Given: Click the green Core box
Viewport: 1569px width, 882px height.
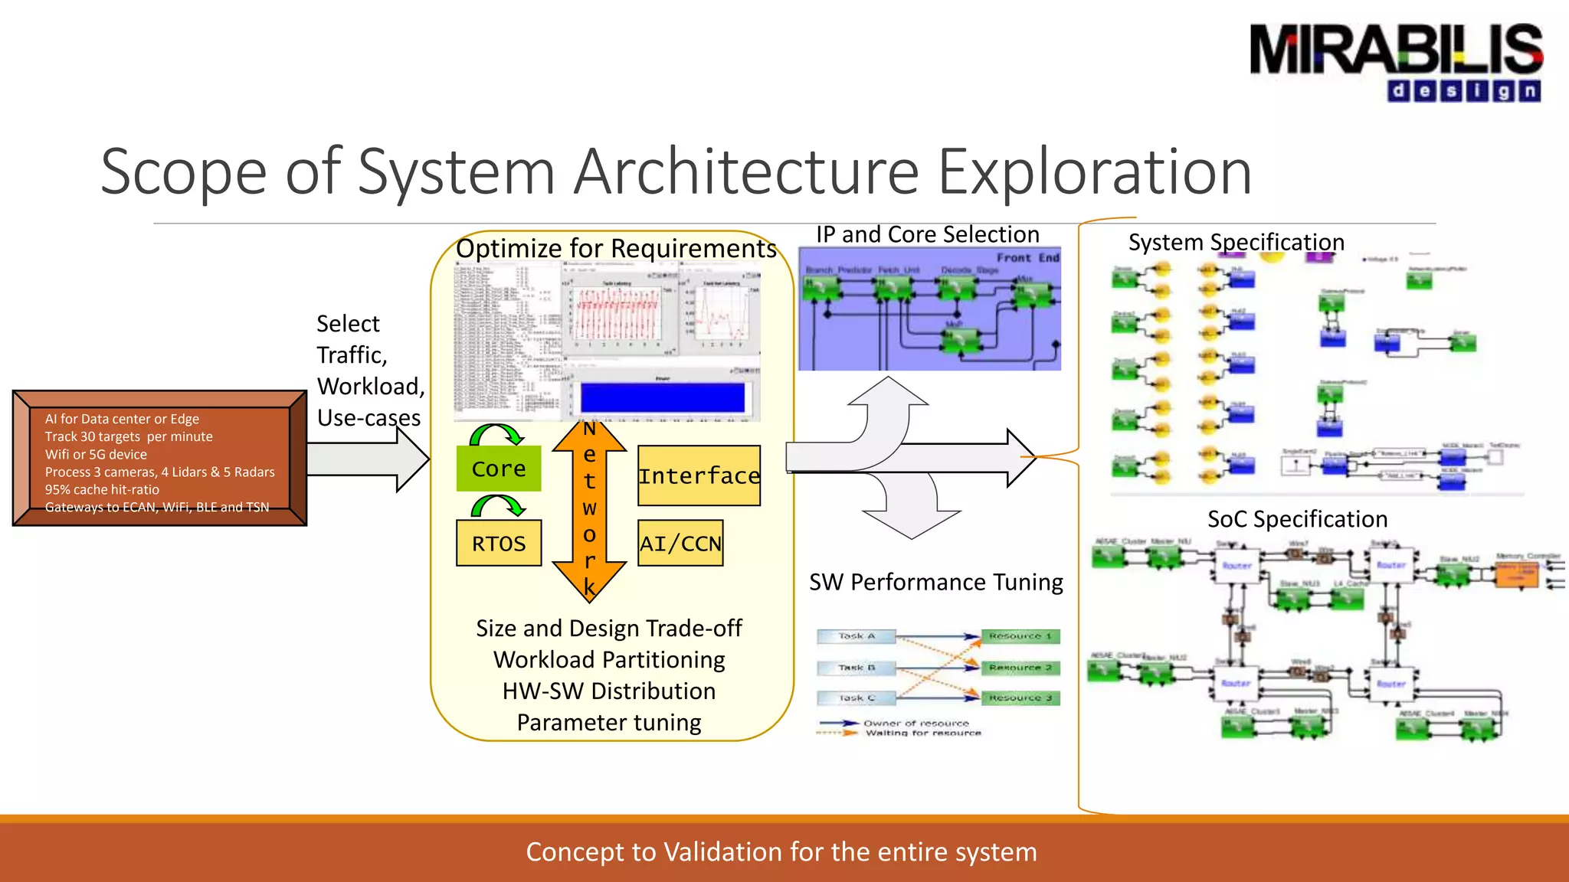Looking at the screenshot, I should pos(499,469).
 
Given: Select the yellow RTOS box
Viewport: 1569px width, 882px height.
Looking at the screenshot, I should pos(499,544).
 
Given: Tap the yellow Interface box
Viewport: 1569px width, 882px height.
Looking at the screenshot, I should pos(699,475).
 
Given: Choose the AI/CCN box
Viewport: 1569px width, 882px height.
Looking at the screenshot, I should pos(680,544).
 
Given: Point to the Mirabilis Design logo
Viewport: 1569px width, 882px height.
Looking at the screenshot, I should pos(1395,61).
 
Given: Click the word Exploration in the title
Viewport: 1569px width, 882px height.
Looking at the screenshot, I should pos(1095,171).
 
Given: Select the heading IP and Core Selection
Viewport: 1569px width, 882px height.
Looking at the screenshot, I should pos(927,234).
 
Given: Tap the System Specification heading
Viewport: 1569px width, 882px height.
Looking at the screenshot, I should pos(1236,242).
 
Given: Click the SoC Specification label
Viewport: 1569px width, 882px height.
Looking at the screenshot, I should pos(1297,519).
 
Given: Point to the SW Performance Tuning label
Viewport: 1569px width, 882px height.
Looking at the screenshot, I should pos(935,582).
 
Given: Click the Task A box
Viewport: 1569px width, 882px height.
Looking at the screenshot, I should pos(857,636).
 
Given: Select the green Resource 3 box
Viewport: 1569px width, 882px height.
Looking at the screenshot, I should pos(1020,698).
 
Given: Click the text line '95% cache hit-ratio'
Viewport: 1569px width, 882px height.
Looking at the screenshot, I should pos(102,489).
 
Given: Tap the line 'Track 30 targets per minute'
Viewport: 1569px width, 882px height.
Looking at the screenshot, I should pos(129,436).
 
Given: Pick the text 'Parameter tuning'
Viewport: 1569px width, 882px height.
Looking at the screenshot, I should pos(609,722).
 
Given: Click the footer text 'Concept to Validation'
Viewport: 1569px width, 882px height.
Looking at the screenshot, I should pos(781,851).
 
